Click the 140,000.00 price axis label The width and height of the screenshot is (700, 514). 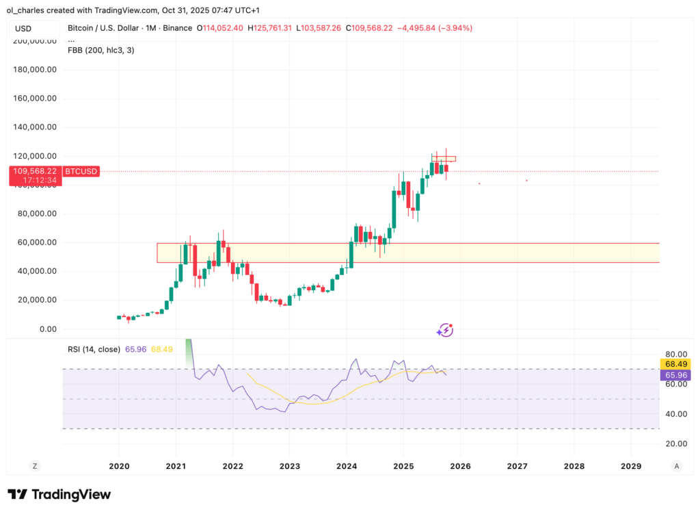pos(37,127)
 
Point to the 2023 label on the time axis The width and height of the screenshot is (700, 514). pos(289,465)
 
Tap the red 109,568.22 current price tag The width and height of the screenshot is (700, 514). pos(34,171)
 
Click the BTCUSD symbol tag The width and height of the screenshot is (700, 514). pos(81,171)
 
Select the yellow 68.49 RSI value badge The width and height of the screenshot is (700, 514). pos(675,363)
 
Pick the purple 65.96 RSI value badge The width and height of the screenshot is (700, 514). pos(675,375)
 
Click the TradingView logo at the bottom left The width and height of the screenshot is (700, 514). pos(59,494)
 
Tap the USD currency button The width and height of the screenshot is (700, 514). pos(33,28)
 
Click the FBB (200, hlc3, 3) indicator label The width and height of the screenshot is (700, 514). pos(100,50)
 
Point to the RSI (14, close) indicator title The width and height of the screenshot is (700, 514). pos(94,349)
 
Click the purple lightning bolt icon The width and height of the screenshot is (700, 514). pos(445,331)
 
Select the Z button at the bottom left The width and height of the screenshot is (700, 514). pos(34,465)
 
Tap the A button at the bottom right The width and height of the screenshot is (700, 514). pos(676,465)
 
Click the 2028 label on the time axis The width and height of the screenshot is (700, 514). pos(574,465)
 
